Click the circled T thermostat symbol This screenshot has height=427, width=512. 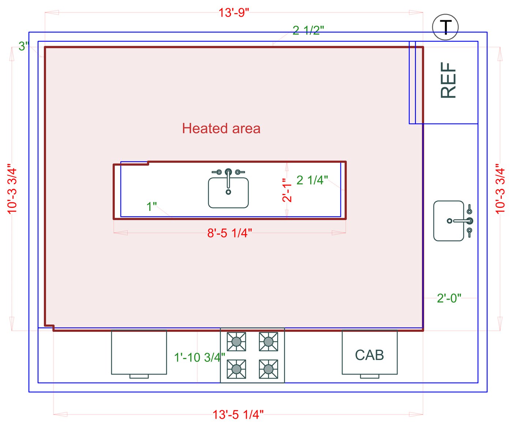pos(445,27)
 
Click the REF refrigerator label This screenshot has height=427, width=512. pos(448,80)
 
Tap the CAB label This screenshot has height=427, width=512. pos(369,355)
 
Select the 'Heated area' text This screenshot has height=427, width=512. pos(221,128)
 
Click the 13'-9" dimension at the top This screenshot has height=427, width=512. pos(234,13)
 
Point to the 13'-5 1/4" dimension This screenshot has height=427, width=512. pos(238,415)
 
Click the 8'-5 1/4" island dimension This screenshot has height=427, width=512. pos(230,233)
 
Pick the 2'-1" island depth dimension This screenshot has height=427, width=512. pos(287,190)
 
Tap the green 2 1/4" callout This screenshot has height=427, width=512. pos(312,180)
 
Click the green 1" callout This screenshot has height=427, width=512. pos(151,206)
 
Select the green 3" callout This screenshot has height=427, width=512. pos(24,46)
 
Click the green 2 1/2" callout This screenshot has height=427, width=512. pos(308,30)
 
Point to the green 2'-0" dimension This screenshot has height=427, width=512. pos(449,298)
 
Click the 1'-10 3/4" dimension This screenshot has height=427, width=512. pos(200,357)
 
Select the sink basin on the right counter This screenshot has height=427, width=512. pos(448,221)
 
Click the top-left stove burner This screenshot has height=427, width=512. pos(236,342)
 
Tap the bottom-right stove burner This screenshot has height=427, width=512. pos(268,369)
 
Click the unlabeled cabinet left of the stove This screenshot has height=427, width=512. pos(139,352)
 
